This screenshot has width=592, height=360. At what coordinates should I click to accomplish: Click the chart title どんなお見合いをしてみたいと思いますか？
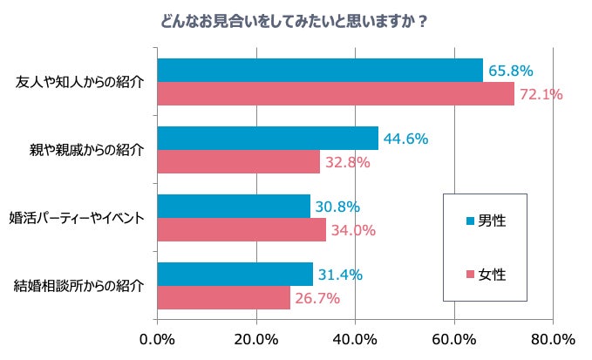[294, 21]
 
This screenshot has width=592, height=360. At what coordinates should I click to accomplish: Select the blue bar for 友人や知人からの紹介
[320, 71]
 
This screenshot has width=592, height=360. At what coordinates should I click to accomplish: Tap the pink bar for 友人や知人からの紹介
[336, 93]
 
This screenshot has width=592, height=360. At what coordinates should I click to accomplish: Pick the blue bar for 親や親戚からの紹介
[268, 139]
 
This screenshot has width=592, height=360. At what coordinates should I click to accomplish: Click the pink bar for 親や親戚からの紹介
[239, 161]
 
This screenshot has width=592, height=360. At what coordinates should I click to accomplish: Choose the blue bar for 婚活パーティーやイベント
[234, 207]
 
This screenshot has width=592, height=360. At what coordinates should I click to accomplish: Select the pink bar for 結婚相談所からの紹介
[224, 297]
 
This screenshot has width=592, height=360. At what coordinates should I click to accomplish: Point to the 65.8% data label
[510, 71]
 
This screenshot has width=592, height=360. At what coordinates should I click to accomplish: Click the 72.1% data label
[541, 94]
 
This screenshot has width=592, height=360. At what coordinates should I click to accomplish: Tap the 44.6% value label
[405, 139]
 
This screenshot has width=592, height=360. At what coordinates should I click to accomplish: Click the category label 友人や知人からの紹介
[79, 82]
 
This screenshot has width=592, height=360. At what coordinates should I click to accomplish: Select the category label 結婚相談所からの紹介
[79, 285]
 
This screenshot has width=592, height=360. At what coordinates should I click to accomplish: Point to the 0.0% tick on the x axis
[158, 338]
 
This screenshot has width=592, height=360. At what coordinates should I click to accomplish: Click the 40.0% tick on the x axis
[355, 338]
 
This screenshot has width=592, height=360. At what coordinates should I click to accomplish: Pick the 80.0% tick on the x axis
[551, 338]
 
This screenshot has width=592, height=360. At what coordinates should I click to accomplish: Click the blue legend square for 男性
[472, 221]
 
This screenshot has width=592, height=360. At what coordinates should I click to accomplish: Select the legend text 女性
[493, 274]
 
